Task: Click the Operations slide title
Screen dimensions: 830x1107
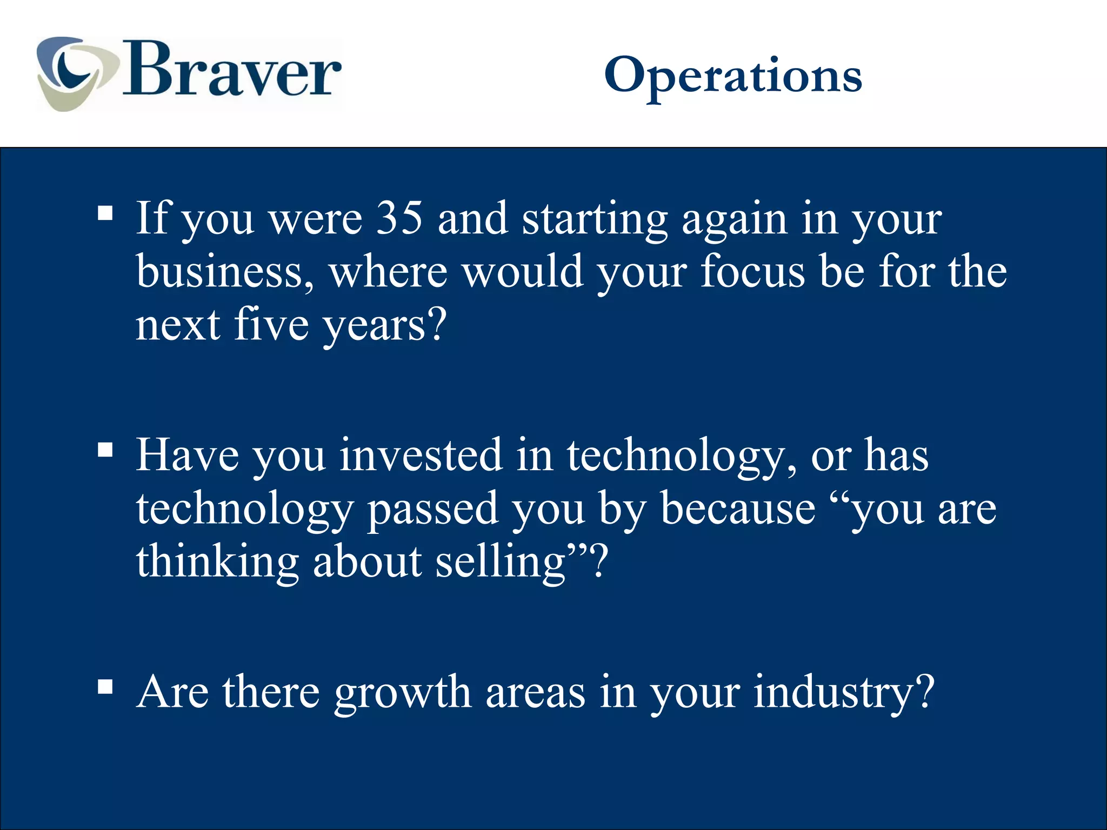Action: (x=732, y=76)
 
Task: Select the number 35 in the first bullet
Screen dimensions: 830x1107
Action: (x=399, y=218)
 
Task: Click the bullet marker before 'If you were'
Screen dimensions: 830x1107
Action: (x=105, y=213)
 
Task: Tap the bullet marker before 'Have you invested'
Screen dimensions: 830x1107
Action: (x=105, y=450)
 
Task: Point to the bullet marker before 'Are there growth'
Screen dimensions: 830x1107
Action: (x=105, y=687)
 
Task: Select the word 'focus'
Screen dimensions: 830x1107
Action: (x=752, y=271)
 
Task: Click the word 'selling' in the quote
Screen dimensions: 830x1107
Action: (x=501, y=562)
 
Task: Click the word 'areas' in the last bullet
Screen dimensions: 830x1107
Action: (x=535, y=693)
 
